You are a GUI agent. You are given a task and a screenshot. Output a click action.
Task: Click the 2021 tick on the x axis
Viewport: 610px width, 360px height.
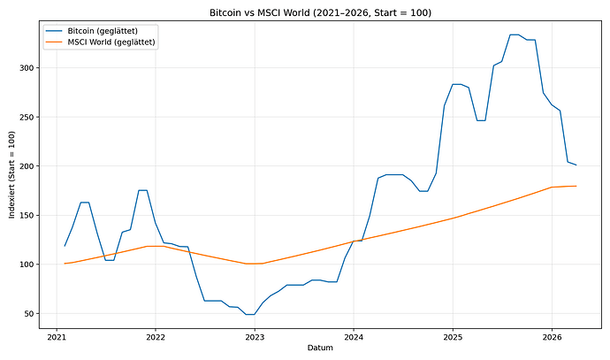(x=57, y=337)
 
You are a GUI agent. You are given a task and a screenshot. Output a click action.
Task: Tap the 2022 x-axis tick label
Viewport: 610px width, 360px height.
(x=156, y=337)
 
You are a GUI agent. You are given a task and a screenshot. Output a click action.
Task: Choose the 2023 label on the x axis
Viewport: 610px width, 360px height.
(x=255, y=337)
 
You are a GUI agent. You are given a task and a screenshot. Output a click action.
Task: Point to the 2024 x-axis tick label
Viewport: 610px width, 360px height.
(x=354, y=337)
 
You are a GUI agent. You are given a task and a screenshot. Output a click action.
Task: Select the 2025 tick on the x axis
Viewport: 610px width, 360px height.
(x=453, y=337)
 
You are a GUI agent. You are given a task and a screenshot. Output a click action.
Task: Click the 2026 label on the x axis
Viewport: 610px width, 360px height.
(x=552, y=337)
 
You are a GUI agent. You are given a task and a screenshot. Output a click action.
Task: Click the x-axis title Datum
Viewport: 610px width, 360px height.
(x=319, y=349)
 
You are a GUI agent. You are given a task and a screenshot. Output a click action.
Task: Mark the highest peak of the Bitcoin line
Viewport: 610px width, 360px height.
(x=515, y=34)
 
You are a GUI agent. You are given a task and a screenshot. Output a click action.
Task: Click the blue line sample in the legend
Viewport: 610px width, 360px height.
(x=54, y=31)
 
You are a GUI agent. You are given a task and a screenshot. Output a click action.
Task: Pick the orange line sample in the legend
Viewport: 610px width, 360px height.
(x=54, y=42)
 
